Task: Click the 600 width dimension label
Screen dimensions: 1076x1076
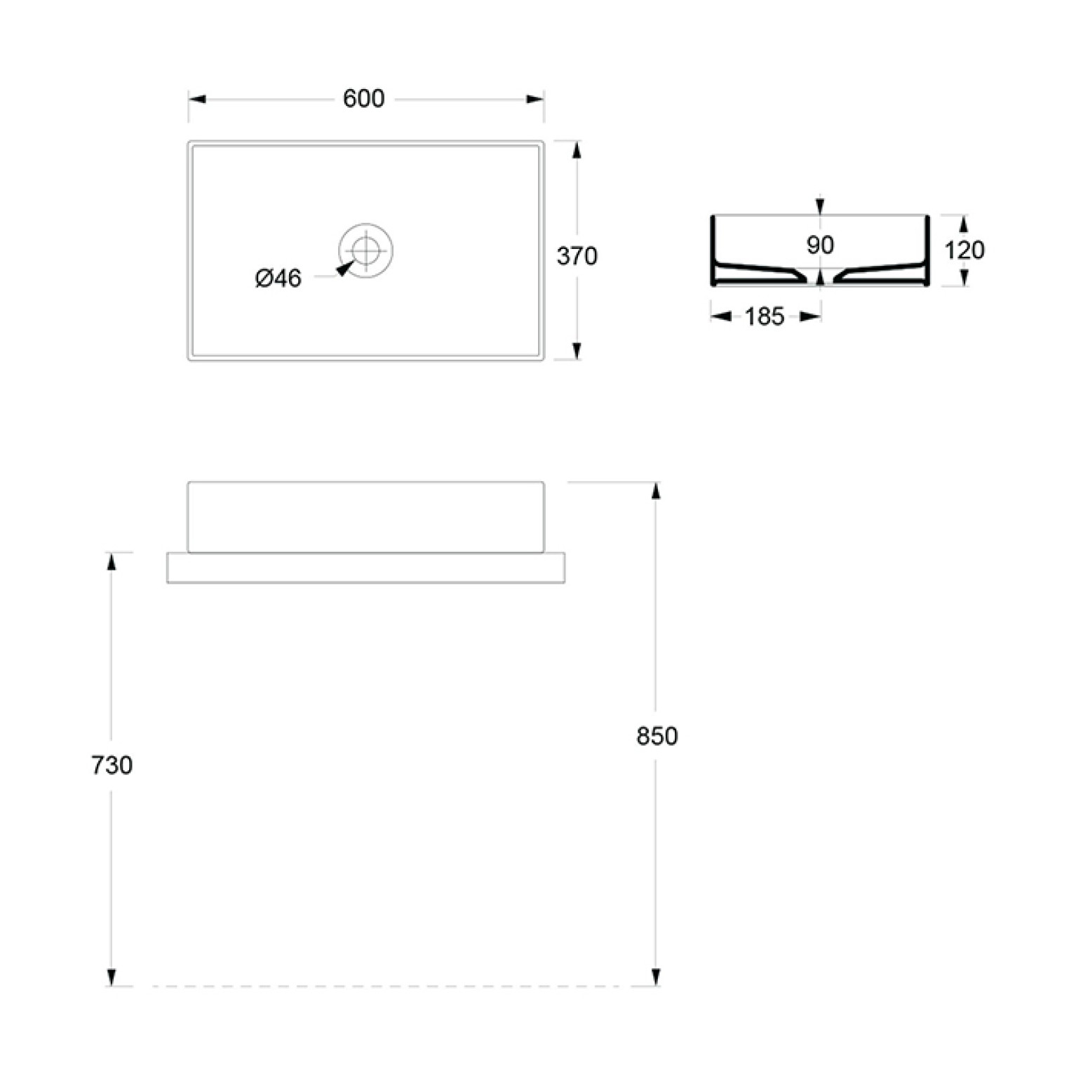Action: [x=363, y=99]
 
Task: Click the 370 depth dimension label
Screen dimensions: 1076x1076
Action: [x=577, y=256]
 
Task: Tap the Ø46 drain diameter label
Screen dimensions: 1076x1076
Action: [x=278, y=278]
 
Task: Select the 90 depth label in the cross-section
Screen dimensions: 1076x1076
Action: [x=820, y=245]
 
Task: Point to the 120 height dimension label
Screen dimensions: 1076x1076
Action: [x=964, y=250]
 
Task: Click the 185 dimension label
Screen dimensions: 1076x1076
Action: [x=765, y=317]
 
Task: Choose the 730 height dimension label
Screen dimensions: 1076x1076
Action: [x=112, y=765]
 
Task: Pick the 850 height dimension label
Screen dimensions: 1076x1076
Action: [x=657, y=736]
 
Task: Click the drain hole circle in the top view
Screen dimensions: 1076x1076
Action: [x=365, y=250]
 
